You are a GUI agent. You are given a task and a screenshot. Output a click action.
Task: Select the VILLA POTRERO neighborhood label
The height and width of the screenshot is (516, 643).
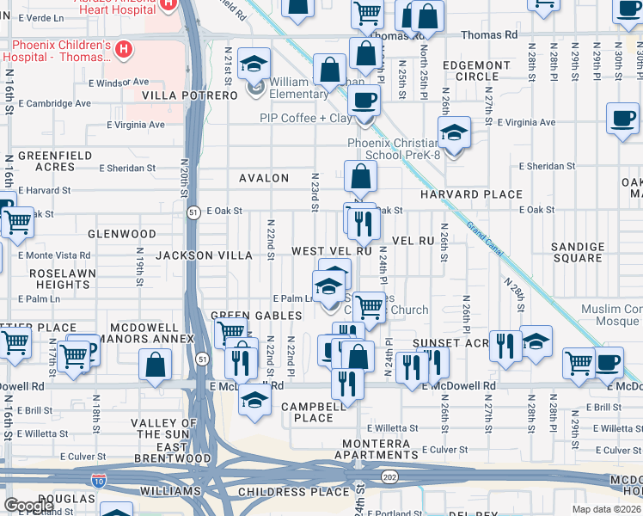189,95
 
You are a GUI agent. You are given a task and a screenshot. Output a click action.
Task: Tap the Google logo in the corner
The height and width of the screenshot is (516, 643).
28,506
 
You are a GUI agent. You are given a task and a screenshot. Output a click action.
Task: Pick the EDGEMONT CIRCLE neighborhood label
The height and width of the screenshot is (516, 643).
476,71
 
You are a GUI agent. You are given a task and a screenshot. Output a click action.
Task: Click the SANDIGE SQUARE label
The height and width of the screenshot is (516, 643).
578,253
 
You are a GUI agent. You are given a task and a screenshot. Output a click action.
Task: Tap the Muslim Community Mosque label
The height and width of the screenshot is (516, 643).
599,315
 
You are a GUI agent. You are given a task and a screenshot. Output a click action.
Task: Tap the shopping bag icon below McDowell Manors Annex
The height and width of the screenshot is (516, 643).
155,365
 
